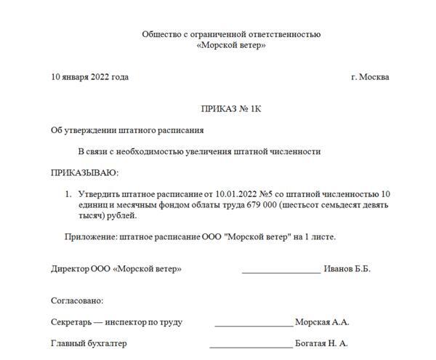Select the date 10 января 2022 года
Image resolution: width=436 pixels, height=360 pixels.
(x=89, y=77)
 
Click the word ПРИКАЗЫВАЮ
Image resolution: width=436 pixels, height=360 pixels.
(x=84, y=172)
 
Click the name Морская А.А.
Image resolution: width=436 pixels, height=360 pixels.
(x=322, y=322)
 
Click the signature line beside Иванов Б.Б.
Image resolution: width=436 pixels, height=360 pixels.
(x=281, y=271)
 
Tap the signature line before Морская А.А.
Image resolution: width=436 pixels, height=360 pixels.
(x=254, y=324)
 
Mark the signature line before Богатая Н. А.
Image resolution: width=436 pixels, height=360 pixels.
(x=251, y=345)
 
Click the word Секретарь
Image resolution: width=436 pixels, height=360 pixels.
(x=71, y=322)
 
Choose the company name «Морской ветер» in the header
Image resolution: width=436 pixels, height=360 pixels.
(x=231, y=45)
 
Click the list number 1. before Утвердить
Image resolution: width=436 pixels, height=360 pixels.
(x=68, y=194)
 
